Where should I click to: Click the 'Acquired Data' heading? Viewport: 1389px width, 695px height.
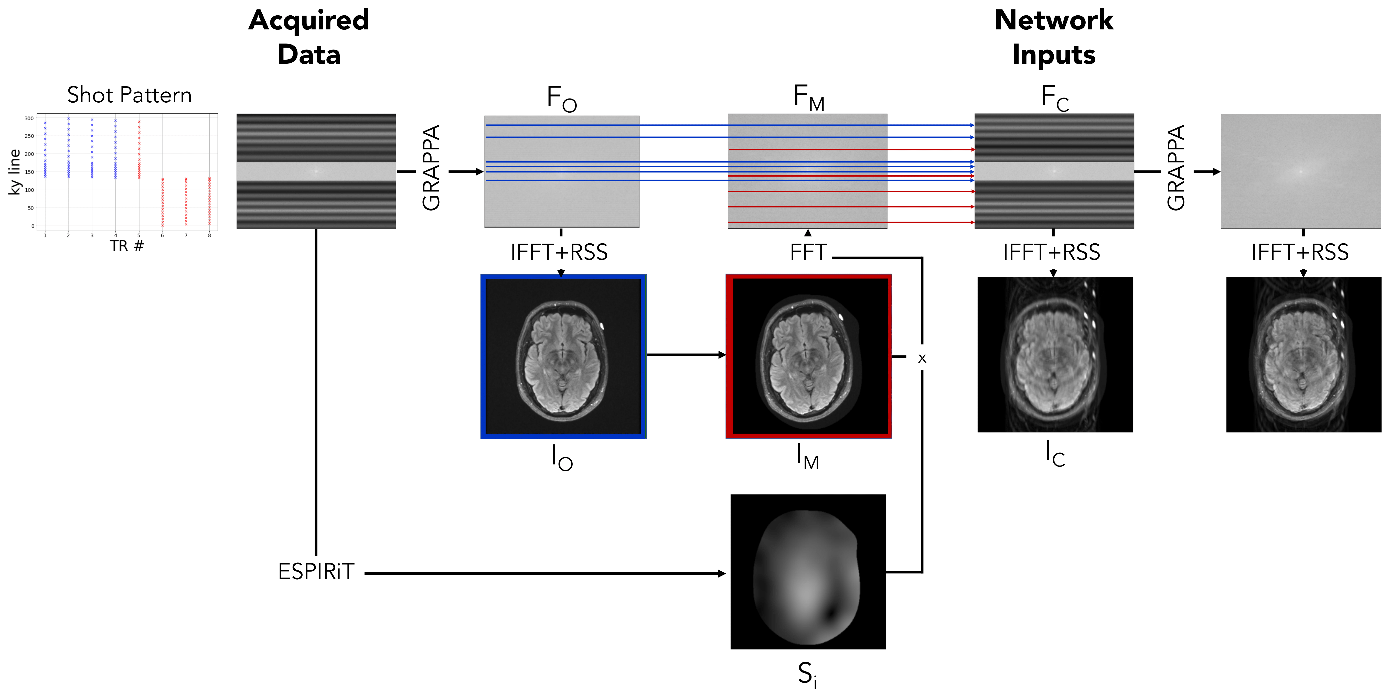click(309, 37)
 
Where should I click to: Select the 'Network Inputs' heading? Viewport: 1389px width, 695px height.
click(1054, 37)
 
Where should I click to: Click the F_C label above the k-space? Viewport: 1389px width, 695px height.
click(1055, 99)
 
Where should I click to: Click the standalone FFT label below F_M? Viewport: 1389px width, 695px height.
click(808, 252)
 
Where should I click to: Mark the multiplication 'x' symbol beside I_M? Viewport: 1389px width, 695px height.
click(922, 358)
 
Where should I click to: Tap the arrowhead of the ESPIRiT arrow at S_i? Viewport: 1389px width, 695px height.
click(723, 573)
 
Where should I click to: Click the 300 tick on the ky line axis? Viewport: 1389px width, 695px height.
click(29, 118)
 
